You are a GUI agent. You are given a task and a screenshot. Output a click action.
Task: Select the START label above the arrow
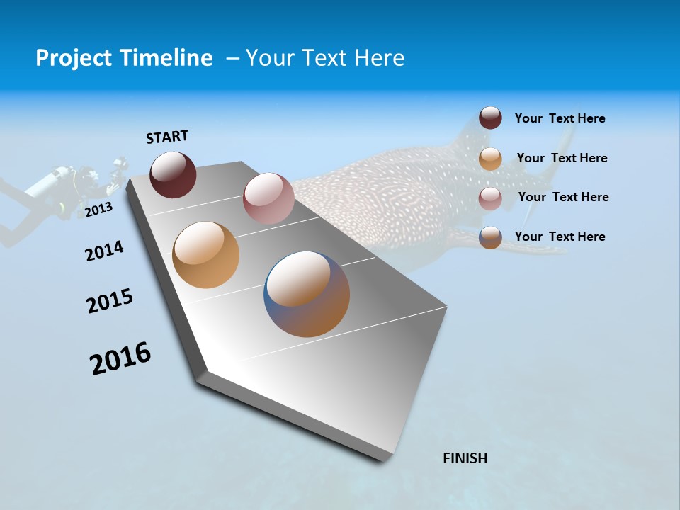coord(167,137)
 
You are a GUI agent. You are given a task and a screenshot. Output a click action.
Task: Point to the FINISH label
coord(465,458)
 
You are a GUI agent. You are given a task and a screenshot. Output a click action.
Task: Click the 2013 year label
coord(98,210)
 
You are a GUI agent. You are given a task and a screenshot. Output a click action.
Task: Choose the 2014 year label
coord(104,251)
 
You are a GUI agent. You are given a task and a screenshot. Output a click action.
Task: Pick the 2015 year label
coord(110,301)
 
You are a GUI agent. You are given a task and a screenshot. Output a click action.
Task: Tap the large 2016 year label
coord(120,358)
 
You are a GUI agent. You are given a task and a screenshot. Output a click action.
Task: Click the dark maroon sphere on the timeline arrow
coord(173,174)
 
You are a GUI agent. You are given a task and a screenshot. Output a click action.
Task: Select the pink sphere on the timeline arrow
coord(268,198)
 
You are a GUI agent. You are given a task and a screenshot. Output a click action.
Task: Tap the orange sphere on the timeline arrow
coord(205,255)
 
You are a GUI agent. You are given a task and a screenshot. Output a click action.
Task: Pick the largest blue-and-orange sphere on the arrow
coord(307,294)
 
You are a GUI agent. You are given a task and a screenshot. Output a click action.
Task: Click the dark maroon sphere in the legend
coord(490,118)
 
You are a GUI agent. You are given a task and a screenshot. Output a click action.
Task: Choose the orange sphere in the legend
coord(490,159)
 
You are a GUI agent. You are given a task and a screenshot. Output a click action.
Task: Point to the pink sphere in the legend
coord(490,198)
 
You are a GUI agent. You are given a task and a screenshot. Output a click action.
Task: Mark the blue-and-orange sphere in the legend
coord(490,237)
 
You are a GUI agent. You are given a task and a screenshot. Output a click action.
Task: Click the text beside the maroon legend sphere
coord(560,118)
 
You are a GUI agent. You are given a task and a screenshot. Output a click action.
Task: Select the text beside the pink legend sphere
coord(563,197)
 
